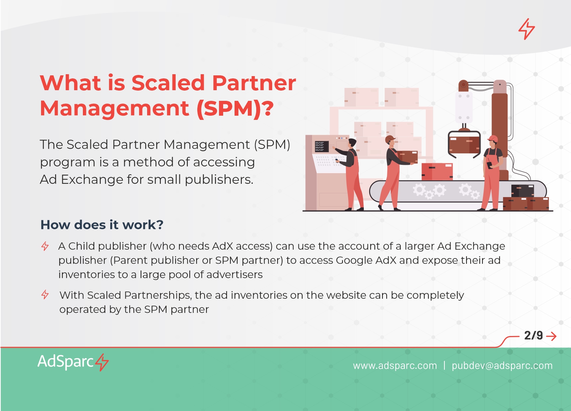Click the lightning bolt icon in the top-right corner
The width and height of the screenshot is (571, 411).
coord(527,29)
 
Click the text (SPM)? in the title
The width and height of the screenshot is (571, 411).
coord(235,109)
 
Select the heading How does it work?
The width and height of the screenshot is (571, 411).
coord(102,225)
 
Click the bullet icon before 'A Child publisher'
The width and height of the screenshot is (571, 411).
coord(45,246)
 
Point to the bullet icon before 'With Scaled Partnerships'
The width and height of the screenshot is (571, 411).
coord(45,295)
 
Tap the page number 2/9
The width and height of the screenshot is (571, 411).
coord(533,336)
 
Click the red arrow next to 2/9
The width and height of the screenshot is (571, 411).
coord(551,336)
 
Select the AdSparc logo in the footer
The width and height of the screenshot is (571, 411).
coord(73,362)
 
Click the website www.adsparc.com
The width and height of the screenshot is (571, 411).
coord(395,366)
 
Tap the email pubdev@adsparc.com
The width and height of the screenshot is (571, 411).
coord(502,366)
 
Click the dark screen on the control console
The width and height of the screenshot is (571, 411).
coord(322,147)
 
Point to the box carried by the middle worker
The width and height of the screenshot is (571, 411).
coord(408,157)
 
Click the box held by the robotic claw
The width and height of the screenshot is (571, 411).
coord(464,145)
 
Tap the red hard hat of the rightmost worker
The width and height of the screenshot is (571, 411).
coord(493,139)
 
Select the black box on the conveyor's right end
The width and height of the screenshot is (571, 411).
coord(523,191)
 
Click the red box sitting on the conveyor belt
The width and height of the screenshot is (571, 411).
coord(437,172)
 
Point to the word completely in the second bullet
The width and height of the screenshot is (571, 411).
coord(435,295)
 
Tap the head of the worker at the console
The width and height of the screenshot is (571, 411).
coord(352,143)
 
